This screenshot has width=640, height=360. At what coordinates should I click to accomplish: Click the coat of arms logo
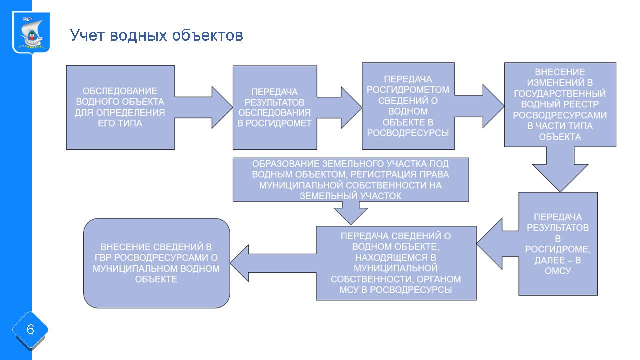[x=31, y=33]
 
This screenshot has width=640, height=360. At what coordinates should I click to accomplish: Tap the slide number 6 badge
[x=30, y=330]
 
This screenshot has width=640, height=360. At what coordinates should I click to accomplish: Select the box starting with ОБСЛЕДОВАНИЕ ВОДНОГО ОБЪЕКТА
[x=120, y=107]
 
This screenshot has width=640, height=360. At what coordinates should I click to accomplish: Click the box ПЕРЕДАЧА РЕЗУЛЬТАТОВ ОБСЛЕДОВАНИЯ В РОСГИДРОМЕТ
[x=274, y=107]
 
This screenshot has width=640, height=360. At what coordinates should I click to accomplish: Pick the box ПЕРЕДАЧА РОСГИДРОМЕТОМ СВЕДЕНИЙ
[x=408, y=106]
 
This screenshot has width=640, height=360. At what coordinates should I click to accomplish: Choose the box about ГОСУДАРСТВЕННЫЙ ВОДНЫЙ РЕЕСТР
[x=560, y=105]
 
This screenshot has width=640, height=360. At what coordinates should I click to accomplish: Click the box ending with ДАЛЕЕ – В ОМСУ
[x=558, y=244]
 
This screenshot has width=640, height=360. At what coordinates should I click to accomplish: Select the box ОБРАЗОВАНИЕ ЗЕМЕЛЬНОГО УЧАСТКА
[x=351, y=179]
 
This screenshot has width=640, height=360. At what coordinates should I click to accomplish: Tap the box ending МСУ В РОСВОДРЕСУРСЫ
[x=396, y=263]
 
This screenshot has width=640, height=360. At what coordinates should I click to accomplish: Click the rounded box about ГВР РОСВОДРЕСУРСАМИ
[x=156, y=263]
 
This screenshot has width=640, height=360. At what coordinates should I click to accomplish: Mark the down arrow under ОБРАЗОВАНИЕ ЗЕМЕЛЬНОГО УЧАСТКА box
[x=351, y=213]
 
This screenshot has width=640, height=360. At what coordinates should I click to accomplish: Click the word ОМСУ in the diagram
[x=558, y=271]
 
